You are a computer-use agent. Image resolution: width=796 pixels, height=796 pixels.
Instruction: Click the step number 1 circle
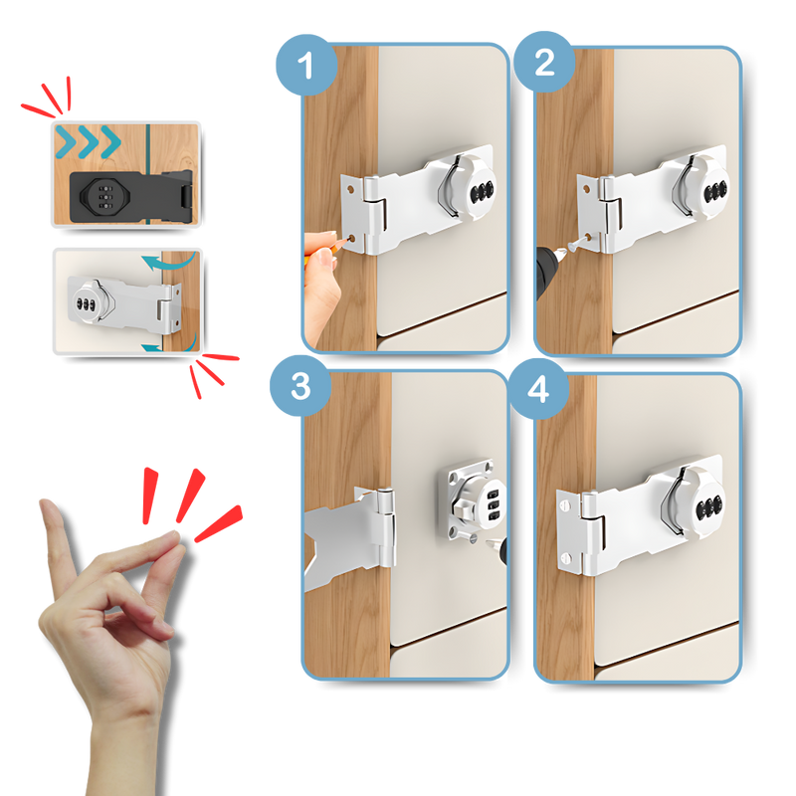[305, 67]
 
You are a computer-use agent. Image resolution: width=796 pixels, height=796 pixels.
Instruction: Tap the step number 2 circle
[544, 64]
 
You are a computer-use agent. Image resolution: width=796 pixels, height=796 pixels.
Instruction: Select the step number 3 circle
[300, 387]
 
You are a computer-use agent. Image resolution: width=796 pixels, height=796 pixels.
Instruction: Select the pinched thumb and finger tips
[172, 538]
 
